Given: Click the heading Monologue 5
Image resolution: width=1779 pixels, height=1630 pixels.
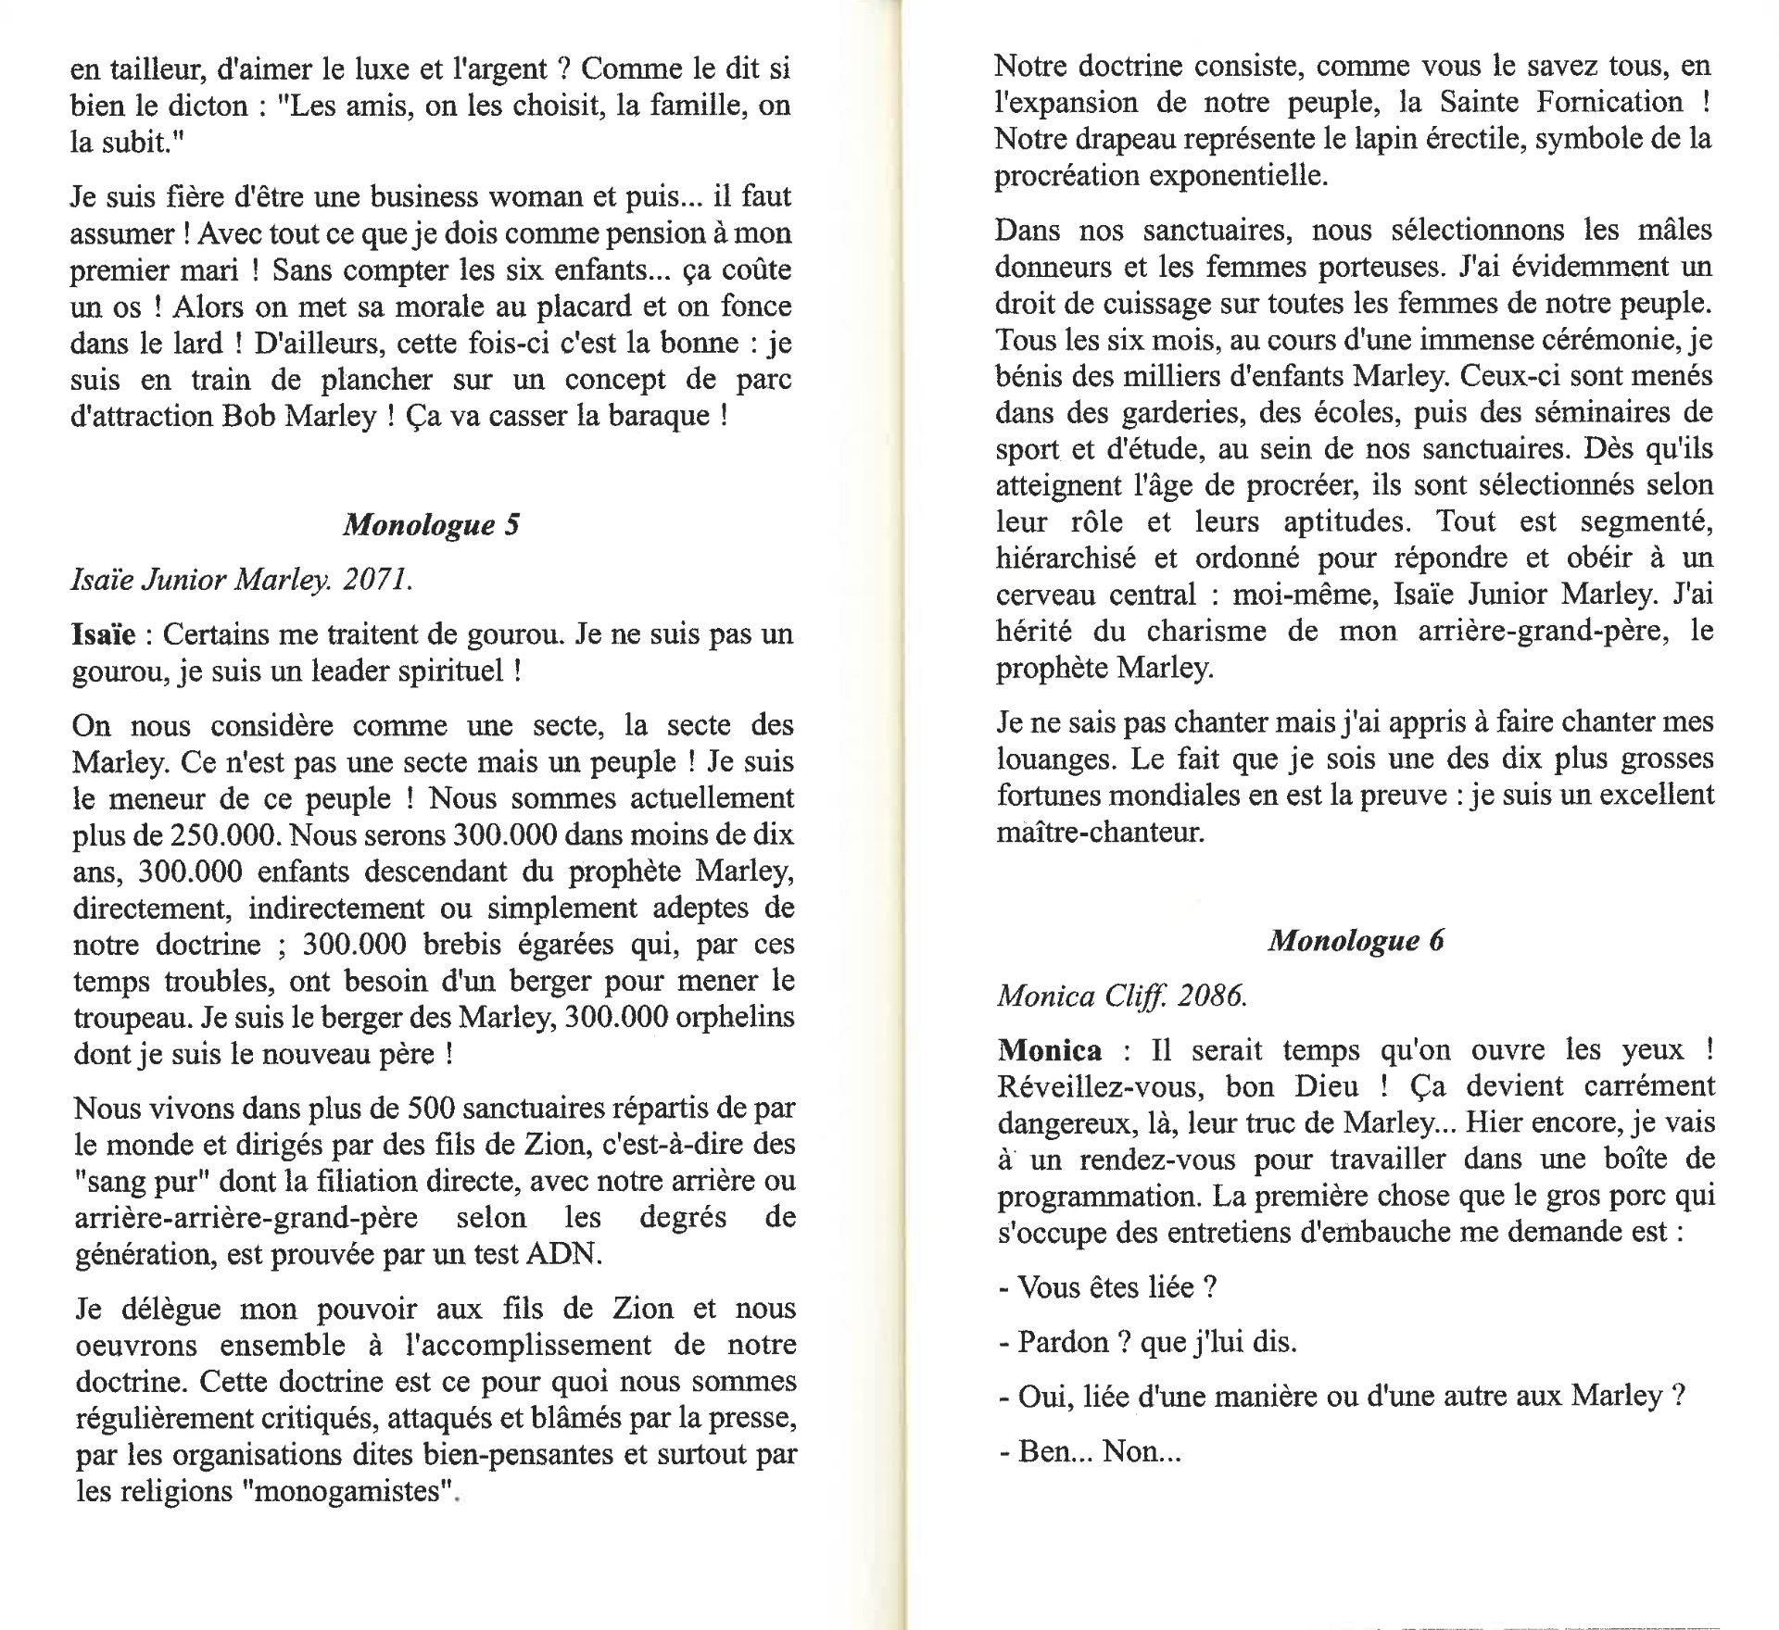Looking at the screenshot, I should tap(431, 525).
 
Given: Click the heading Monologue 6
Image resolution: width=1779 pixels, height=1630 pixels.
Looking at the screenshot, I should tap(1356, 940).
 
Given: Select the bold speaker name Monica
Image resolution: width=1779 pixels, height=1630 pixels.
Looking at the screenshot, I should tap(1049, 1050).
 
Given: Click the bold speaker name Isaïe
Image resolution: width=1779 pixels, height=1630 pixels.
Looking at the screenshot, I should tap(104, 634).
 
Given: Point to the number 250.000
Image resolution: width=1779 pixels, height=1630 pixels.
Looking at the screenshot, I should tap(224, 834).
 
